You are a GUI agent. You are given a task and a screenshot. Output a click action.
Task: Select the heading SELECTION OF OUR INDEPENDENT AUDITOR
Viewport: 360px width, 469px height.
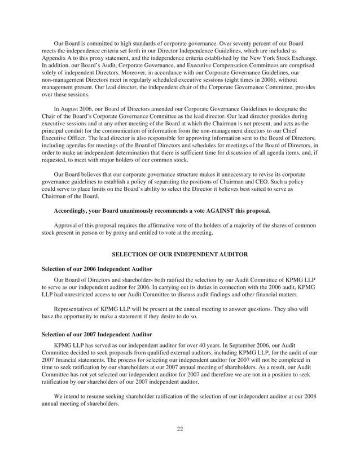(180, 255)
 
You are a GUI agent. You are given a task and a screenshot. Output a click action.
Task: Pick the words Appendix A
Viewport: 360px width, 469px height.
(58, 58)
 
